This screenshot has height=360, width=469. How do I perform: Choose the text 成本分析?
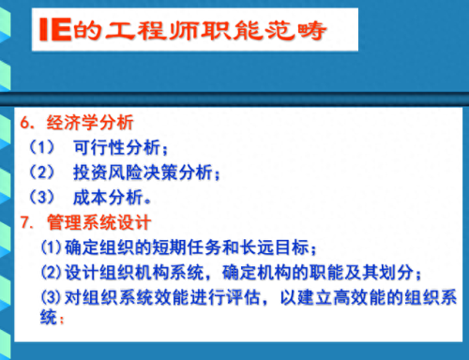pos(109,198)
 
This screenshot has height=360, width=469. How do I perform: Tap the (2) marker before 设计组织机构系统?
pos(52,273)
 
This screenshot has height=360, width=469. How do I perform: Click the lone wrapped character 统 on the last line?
pos(50,319)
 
